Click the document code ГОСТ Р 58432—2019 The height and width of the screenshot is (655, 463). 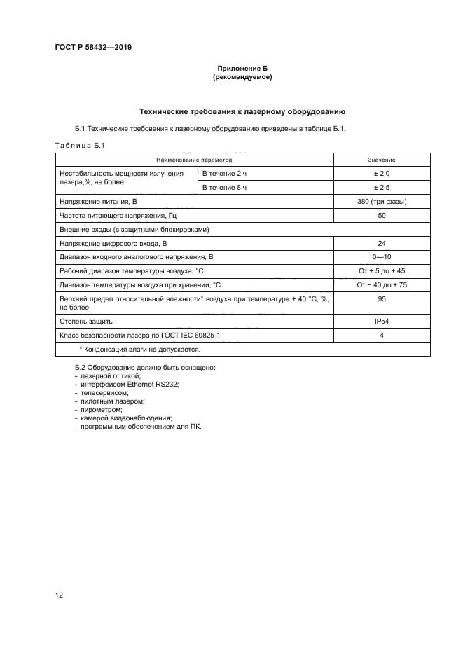[x=92, y=47]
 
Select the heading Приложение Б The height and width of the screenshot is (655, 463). [x=242, y=69]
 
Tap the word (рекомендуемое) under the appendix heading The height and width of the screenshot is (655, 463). [x=242, y=77]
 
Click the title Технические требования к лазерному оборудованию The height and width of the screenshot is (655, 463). [x=242, y=111]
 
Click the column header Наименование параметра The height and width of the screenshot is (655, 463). [x=193, y=160]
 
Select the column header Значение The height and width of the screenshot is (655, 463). [x=381, y=160]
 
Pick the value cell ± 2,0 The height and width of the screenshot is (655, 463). [x=381, y=173]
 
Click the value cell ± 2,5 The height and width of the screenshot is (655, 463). [x=381, y=188]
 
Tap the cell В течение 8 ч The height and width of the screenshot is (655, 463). [x=225, y=188]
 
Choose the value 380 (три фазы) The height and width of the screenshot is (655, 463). [x=381, y=202]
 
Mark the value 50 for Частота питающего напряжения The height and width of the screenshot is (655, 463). [x=381, y=216]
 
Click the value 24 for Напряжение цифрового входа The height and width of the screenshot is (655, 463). [x=381, y=243]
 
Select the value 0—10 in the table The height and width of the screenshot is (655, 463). [x=381, y=256]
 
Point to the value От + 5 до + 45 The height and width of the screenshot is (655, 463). [x=381, y=270]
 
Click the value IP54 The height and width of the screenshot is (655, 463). [x=381, y=321]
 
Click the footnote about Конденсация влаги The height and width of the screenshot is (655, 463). [x=140, y=348]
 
